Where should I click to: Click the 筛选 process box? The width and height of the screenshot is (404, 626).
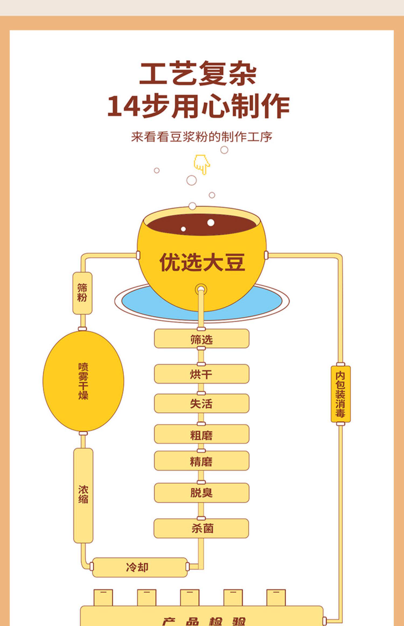[201, 339]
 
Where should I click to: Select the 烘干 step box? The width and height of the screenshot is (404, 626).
[201, 374]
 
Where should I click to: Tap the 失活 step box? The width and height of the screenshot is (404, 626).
[201, 403]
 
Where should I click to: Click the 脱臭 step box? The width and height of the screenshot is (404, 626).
[201, 493]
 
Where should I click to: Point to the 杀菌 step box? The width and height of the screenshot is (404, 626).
[201, 528]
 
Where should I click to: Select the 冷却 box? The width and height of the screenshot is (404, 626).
[140, 567]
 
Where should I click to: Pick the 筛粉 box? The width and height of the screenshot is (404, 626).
[82, 293]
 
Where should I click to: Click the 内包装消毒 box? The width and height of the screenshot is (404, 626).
[340, 394]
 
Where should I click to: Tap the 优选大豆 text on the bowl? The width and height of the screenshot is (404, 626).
[202, 262]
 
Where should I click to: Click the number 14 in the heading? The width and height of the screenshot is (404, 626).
[124, 106]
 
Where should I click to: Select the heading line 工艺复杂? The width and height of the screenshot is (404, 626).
[198, 73]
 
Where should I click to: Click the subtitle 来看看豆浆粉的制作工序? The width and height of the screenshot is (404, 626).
[201, 137]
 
